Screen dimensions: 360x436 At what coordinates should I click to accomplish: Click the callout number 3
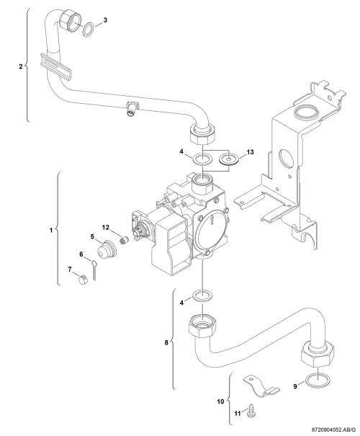pyautogui.click(x=105, y=19)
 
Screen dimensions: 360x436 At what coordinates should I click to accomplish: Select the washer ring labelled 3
pyautogui.click(x=89, y=30)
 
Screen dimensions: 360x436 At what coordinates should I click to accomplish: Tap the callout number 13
pyautogui.click(x=250, y=152)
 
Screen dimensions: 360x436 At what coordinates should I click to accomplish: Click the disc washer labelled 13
pyautogui.click(x=228, y=159)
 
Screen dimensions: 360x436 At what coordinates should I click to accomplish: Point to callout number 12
pyautogui.click(x=106, y=227)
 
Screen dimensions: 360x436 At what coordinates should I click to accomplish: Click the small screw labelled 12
pyautogui.click(x=125, y=240)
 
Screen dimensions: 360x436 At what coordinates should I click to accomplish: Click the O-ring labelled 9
pyautogui.click(x=318, y=380)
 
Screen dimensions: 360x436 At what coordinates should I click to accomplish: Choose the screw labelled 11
pyautogui.click(x=251, y=411)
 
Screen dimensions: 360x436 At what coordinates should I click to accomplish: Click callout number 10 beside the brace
pyautogui.click(x=220, y=401)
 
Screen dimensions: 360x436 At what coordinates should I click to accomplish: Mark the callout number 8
pyautogui.click(x=166, y=342)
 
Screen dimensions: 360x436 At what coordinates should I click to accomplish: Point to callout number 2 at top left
pyautogui.click(x=21, y=66)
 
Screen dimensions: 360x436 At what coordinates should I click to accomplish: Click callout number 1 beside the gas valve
pyautogui.click(x=51, y=230)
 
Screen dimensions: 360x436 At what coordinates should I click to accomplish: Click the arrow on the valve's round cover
pyautogui.click(x=212, y=219)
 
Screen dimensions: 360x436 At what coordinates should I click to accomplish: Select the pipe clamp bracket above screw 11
pyautogui.click(x=261, y=386)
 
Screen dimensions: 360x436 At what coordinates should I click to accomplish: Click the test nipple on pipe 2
pyautogui.click(x=131, y=109)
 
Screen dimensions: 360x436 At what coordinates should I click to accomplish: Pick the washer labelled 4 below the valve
pyautogui.click(x=203, y=296)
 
